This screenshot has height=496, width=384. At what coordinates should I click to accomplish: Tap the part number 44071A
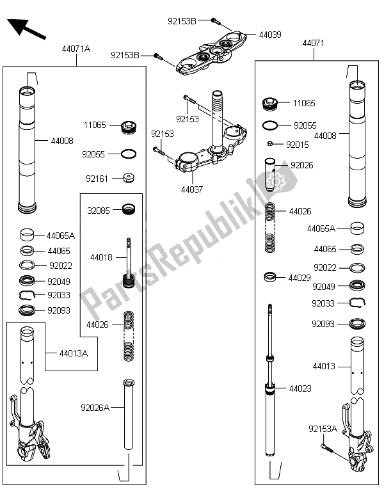click(x=76, y=49)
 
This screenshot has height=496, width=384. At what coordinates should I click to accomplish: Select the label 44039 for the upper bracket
click(x=269, y=34)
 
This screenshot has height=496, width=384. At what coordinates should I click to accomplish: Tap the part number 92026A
click(x=95, y=406)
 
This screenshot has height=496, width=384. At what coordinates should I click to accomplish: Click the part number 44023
click(x=300, y=388)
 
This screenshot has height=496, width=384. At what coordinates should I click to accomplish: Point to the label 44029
click(x=300, y=278)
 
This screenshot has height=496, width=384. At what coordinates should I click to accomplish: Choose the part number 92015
click(x=298, y=145)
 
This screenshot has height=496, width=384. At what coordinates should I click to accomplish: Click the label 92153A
click(x=323, y=429)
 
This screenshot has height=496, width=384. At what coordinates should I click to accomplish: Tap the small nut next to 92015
click(x=271, y=144)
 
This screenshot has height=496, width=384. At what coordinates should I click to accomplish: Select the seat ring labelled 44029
click(x=270, y=277)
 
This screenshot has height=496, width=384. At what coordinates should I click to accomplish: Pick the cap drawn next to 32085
click(x=129, y=209)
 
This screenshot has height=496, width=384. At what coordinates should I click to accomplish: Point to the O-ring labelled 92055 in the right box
click(x=270, y=125)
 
